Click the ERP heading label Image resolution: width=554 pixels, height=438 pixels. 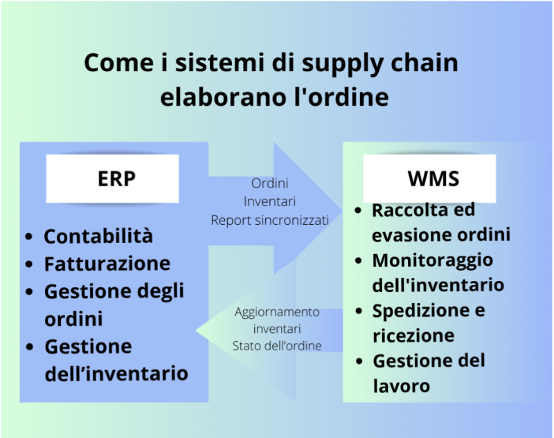[116, 179]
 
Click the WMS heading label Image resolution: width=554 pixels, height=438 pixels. [434, 179]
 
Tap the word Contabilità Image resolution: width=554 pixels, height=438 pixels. [98, 236]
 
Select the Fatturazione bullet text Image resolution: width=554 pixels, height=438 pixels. [107, 264]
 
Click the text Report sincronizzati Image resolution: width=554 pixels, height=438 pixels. [270, 220]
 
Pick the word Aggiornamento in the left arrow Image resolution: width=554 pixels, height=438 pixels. [277, 312]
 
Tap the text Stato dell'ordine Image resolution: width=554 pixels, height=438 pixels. [277, 345]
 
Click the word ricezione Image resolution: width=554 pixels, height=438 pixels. [413, 336]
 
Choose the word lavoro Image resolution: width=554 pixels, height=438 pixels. [402, 386]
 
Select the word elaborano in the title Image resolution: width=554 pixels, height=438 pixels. [223, 96]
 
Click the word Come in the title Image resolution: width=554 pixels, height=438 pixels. [118, 63]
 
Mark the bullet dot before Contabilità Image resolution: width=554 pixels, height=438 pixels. [29, 237]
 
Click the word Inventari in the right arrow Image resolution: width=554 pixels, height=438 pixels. [270, 201]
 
